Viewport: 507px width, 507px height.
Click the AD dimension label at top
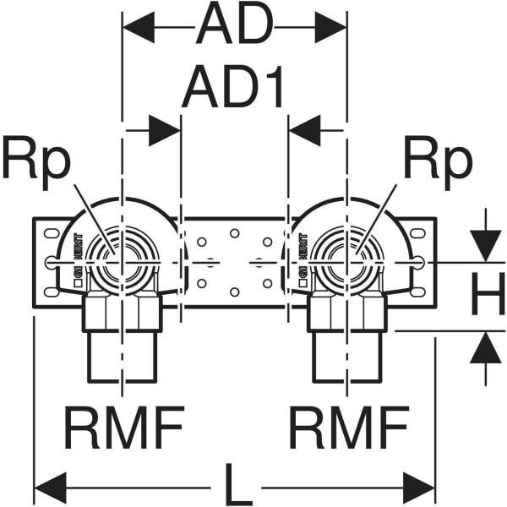[x=234, y=27]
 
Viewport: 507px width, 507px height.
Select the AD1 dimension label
[x=234, y=87]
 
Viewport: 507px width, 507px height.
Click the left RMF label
[x=124, y=428]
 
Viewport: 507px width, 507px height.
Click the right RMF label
[x=348, y=428]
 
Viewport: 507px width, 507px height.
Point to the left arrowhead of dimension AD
[x=139, y=28]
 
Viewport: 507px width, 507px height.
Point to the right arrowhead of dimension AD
[x=330, y=28]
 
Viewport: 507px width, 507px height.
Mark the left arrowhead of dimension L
[x=49, y=488]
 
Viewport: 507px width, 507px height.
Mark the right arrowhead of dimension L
[x=420, y=488]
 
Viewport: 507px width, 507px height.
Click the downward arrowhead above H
[x=486, y=246]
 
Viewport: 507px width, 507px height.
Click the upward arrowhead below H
[x=486, y=347]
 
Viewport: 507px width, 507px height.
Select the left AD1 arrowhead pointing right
[x=166, y=131]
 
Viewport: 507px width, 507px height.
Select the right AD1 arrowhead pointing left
[x=304, y=131]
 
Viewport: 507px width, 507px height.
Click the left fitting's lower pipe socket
[x=123, y=355]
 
